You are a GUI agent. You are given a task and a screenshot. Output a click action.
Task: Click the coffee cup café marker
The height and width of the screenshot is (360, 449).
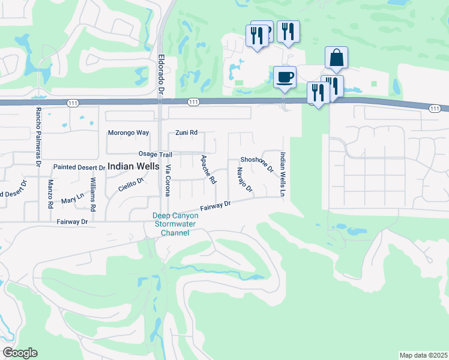[x=285, y=77]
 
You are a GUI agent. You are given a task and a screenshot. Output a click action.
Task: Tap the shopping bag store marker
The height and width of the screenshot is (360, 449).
[x=337, y=58]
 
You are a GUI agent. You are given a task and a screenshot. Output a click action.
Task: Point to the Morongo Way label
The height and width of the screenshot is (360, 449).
[x=128, y=133]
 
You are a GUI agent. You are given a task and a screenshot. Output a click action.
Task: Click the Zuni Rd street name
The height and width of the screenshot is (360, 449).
[x=186, y=133]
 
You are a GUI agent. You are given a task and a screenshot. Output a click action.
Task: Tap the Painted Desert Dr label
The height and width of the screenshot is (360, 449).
[x=79, y=167]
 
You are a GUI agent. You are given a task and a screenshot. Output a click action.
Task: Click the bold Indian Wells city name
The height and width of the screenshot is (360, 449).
[x=133, y=167]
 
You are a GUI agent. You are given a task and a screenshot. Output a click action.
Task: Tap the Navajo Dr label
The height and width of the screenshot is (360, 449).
[x=244, y=181]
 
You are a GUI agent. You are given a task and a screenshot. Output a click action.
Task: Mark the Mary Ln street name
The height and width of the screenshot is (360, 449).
[x=73, y=197]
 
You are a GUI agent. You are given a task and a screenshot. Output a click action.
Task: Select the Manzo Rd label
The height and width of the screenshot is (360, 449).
[x=50, y=194]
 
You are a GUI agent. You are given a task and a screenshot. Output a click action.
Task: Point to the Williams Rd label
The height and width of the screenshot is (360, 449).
[x=93, y=194]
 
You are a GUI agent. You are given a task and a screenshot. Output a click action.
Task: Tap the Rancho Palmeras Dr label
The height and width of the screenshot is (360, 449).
[x=37, y=136]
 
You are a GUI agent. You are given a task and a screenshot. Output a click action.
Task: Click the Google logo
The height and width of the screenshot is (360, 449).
[x=20, y=353]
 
